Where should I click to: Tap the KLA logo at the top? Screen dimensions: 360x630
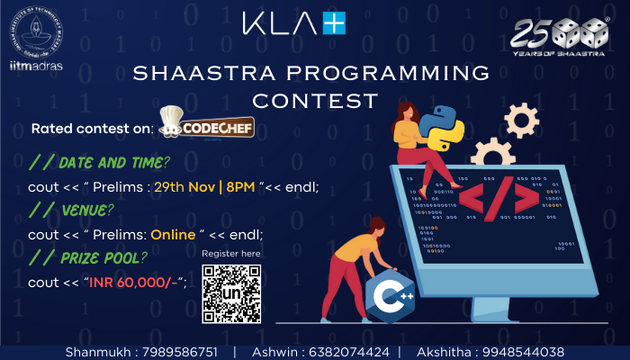[293, 23]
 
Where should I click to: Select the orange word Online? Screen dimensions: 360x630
[173, 235]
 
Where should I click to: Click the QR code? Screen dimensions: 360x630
[231, 294]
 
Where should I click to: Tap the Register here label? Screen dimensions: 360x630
[231, 255]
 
